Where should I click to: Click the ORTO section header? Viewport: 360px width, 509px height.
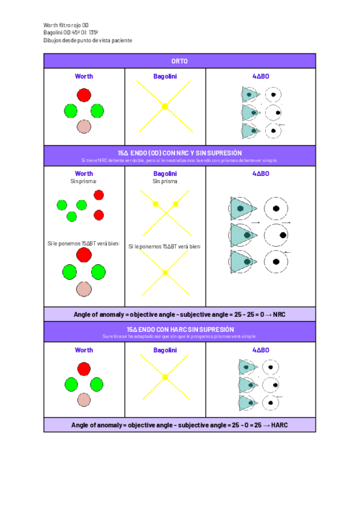(x=179, y=61)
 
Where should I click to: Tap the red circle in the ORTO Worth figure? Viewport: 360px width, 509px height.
(x=84, y=95)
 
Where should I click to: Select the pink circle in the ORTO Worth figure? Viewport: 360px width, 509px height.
(x=84, y=126)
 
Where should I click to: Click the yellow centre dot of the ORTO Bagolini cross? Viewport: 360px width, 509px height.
(x=165, y=106)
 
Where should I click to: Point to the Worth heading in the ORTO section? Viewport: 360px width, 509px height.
(x=84, y=76)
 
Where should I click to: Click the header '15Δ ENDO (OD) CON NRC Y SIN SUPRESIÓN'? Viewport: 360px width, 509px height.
(x=179, y=153)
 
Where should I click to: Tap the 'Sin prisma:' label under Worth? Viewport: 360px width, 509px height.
(x=84, y=181)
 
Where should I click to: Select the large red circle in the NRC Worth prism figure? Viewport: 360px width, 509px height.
(x=84, y=255)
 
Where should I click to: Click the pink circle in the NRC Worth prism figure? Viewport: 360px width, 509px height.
(x=84, y=289)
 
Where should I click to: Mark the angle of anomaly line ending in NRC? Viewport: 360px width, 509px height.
(x=179, y=314)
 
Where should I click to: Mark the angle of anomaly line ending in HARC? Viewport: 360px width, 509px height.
(x=179, y=424)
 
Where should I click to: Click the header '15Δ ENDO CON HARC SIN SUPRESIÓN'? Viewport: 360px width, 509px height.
(x=179, y=329)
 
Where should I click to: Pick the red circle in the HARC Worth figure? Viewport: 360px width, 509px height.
(x=84, y=369)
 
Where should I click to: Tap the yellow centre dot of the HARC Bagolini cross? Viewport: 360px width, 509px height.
(x=165, y=377)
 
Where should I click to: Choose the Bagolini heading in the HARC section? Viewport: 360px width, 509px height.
(x=165, y=350)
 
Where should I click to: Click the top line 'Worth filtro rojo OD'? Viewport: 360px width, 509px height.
(x=66, y=25)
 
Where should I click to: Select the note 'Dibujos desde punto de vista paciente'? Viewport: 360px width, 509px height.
(x=88, y=40)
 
